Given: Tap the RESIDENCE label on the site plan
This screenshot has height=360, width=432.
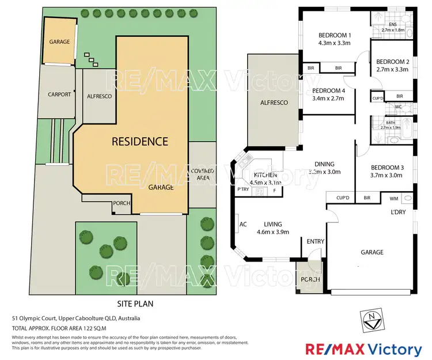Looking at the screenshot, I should click(x=139, y=141).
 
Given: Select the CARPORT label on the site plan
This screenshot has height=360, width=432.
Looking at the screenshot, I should click(x=59, y=94).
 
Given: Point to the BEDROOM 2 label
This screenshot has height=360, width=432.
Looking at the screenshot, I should click(x=392, y=62).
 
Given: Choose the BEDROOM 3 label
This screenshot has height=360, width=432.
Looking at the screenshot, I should click(x=384, y=167).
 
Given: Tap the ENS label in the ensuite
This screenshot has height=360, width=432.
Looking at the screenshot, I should click(x=393, y=25).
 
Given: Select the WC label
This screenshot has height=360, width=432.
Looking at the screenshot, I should click(x=398, y=107).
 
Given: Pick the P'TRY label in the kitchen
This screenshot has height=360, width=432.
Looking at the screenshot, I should click(x=242, y=190).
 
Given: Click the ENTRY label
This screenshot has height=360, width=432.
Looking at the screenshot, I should click(x=315, y=241).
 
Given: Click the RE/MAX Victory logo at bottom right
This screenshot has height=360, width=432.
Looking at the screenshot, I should click(x=363, y=349).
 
